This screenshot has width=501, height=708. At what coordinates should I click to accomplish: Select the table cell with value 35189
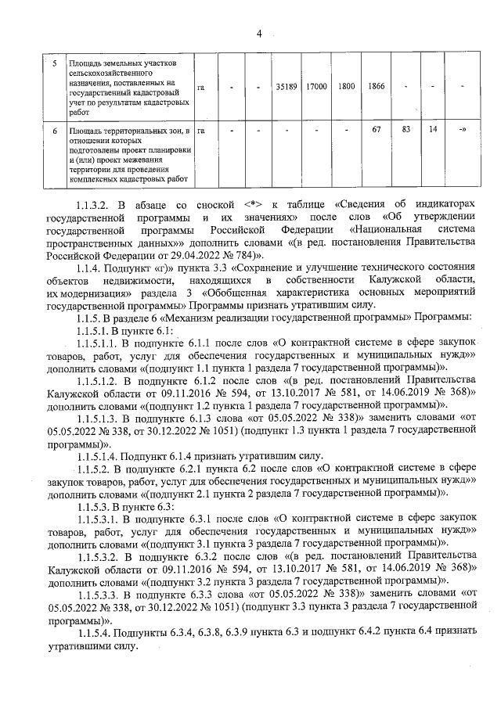[x=286, y=86]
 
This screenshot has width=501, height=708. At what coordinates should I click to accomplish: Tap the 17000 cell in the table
[x=316, y=86]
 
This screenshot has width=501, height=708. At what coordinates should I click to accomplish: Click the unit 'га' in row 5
[x=201, y=87]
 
